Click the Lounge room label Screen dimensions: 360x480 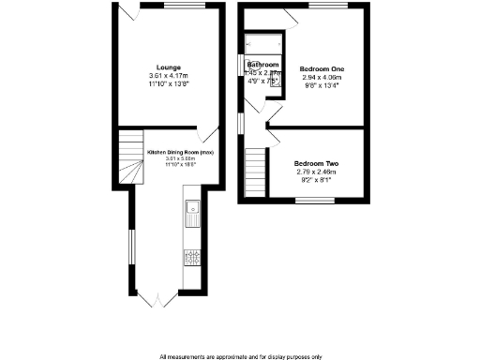point(170,67)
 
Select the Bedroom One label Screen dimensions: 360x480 point(322,69)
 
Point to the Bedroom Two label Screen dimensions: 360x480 point(315,164)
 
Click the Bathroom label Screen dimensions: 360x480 point(262,65)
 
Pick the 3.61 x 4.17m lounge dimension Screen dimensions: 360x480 point(170,75)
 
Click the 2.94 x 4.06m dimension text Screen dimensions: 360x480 point(322,78)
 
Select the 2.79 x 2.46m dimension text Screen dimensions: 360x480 point(315,172)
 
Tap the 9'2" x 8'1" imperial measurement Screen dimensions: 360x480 point(315,180)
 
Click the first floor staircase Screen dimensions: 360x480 point(253,174)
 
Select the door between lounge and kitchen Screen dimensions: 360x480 point(208,133)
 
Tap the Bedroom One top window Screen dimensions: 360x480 point(329,6)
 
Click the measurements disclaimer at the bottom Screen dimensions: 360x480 point(239,355)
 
